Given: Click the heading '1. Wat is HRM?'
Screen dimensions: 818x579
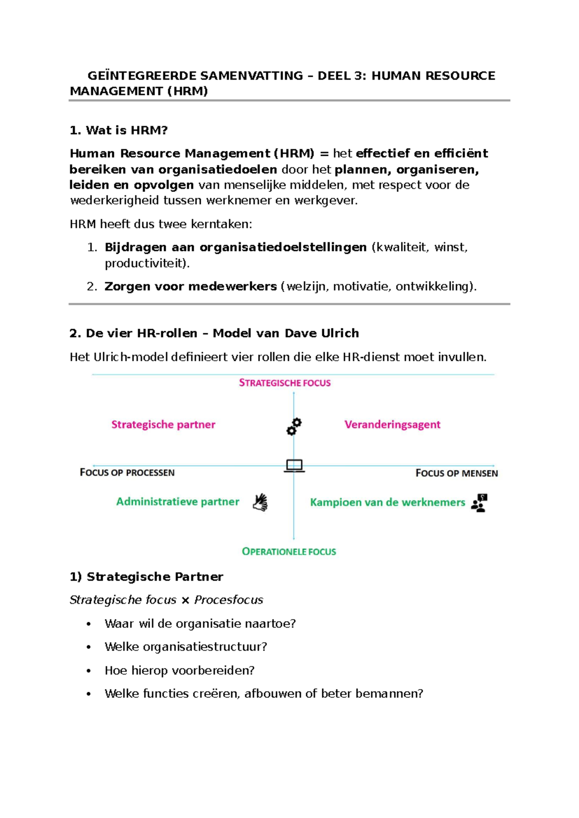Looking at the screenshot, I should pos(118,130).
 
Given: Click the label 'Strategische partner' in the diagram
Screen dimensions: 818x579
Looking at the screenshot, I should pos(163,424).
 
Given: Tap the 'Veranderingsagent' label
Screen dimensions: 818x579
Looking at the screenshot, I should pos(392,424).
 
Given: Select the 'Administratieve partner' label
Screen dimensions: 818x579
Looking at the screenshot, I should pos(178,502).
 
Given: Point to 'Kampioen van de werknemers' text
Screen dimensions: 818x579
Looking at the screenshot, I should pos(387,502).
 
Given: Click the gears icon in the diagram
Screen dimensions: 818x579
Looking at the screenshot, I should pos(294,426).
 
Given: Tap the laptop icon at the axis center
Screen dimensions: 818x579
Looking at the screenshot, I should pos(294,465).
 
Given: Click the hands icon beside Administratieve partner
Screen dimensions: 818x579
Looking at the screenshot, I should pos(261,502).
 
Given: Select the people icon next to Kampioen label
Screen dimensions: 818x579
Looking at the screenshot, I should pos(479,503).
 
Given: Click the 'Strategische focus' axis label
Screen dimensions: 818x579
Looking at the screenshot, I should pos(285,383).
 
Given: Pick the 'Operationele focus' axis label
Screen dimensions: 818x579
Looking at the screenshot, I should pos(289,551).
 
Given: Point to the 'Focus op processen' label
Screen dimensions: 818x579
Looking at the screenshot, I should pos(127,473).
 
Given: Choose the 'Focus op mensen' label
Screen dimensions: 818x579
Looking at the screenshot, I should pos(456,473).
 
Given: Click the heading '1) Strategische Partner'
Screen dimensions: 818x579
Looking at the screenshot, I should pos(146,577).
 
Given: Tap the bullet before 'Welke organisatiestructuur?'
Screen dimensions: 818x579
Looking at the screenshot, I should pos(88,647).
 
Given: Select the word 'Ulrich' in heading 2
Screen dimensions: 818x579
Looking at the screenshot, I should pos(341,333).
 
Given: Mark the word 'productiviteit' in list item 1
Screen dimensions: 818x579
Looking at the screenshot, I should pos(145,263).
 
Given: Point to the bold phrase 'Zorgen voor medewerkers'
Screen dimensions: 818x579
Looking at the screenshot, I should pos(191,286).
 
